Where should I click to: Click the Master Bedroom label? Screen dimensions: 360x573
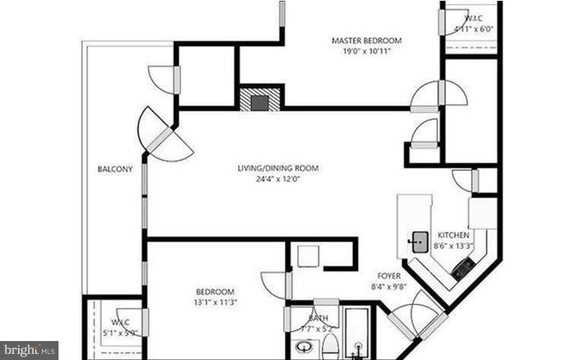(366, 40)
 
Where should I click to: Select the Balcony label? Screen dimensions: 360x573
(116, 169)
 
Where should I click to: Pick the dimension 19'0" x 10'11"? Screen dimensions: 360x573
(366, 52)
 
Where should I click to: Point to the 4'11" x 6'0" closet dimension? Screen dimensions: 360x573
(473, 29)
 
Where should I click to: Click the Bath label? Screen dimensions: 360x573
(318, 318)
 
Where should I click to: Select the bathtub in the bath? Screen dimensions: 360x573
(355, 334)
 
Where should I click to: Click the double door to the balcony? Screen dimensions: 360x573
(163, 136)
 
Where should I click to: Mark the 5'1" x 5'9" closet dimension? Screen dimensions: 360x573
(119, 331)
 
